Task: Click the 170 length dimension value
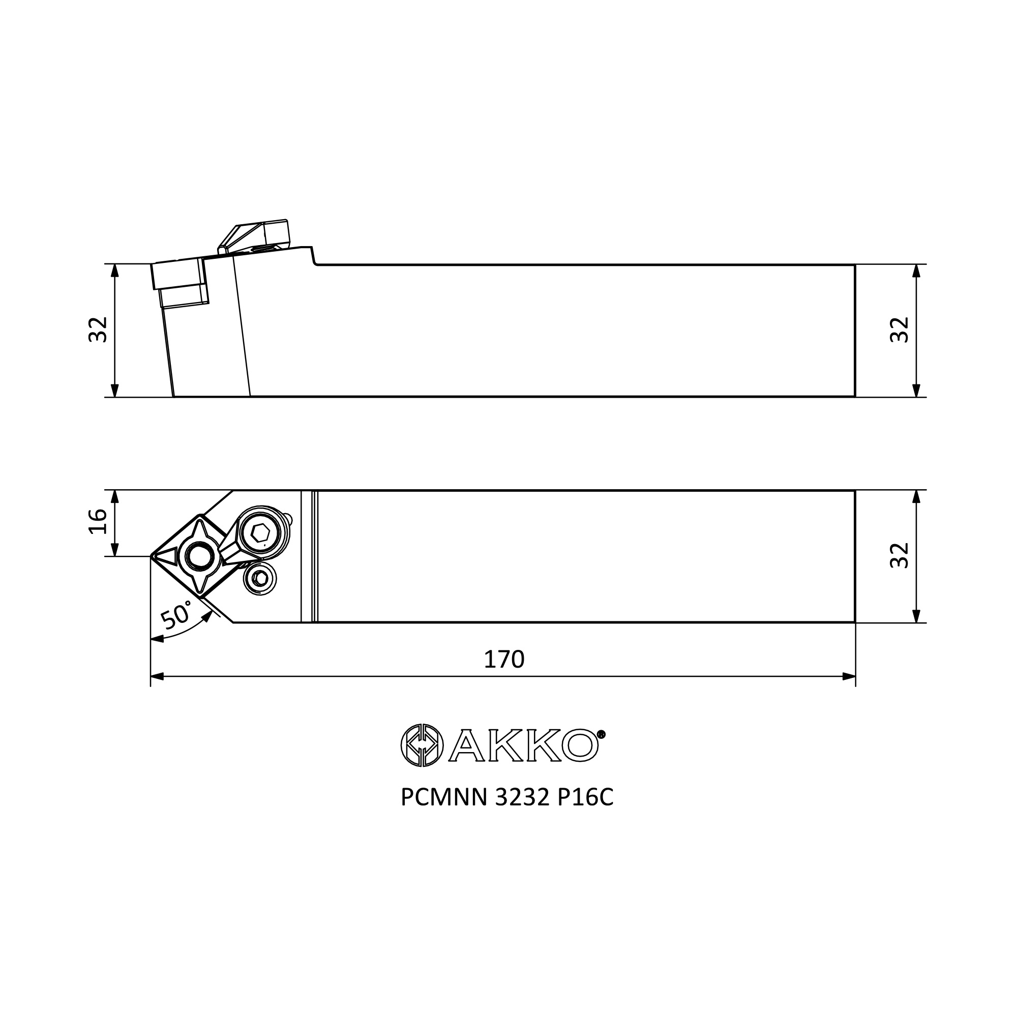pos(504,659)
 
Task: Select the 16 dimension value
pos(98,522)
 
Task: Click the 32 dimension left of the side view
pos(98,330)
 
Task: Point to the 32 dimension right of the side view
pos(900,330)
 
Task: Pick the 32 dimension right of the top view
pos(900,555)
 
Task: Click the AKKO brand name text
pos(523,745)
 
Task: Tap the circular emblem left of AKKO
pos(422,745)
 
